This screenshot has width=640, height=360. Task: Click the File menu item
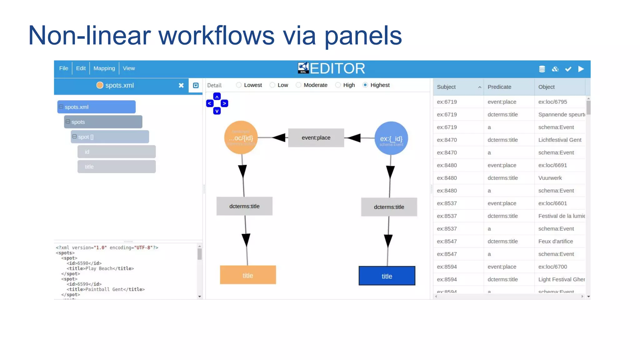[x=63, y=68]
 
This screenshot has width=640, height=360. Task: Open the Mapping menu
[x=104, y=68]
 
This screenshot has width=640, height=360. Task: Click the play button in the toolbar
[x=581, y=69]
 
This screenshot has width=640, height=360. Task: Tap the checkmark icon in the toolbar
[x=568, y=69]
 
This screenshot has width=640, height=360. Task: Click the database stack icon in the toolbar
[x=542, y=69]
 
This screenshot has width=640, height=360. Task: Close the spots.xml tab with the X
[x=181, y=85]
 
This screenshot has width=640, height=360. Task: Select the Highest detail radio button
[x=365, y=85]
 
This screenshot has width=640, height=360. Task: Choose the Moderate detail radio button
[x=298, y=85]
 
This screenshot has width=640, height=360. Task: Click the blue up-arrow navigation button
[x=217, y=97]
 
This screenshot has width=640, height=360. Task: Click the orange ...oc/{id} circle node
[x=241, y=138]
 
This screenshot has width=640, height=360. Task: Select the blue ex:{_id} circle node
[x=391, y=138]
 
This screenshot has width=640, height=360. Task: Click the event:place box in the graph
[x=316, y=138]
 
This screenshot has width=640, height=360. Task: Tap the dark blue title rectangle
[x=387, y=276]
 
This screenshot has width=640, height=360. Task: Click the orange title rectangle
[x=248, y=275]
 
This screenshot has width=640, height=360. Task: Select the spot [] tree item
[x=110, y=137]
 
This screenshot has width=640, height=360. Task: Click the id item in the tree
[x=117, y=152]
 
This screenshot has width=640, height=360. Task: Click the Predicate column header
[x=499, y=87]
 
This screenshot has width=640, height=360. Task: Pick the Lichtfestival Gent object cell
[x=560, y=140]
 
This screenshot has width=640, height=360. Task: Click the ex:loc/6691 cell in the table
[x=552, y=165]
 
